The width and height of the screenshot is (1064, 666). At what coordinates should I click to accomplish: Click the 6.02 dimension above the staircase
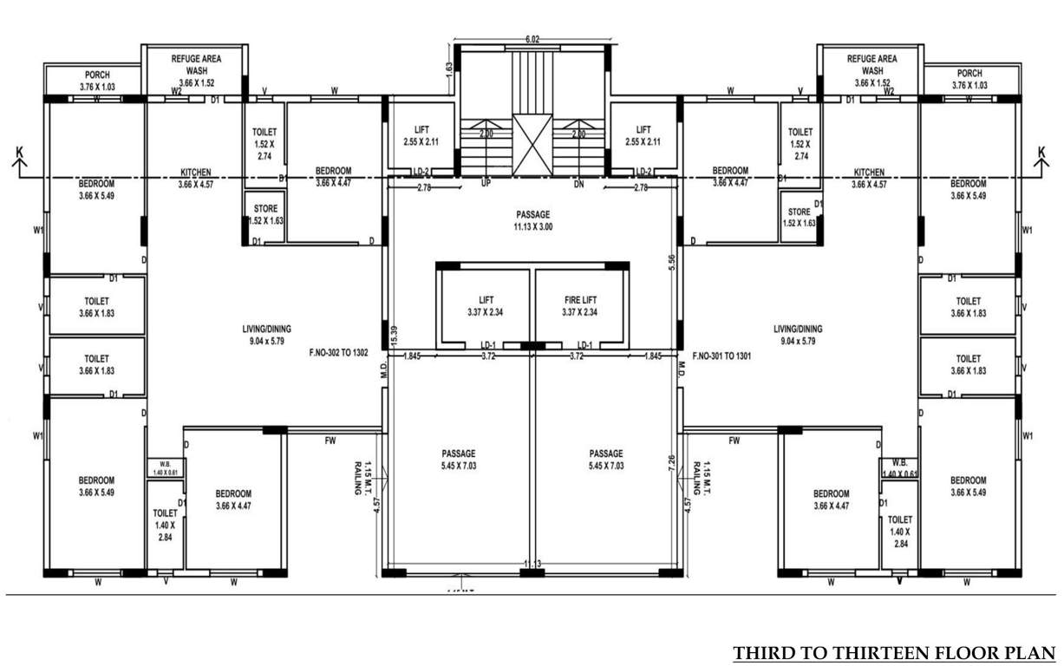coord(532,39)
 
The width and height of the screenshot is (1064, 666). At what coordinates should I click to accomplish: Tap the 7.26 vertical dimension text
coord(671,463)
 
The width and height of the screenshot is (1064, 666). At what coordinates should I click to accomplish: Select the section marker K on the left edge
coord(18,154)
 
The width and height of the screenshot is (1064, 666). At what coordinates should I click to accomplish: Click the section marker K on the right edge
coord(1043,154)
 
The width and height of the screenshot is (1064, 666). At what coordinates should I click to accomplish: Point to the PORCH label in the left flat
coord(96,75)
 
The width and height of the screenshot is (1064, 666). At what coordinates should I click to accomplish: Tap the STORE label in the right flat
coord(800,212)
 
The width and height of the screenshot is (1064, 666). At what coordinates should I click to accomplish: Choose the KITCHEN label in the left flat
coord(196,173)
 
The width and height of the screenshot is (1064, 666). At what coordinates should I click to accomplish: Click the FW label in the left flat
coord(330,441)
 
